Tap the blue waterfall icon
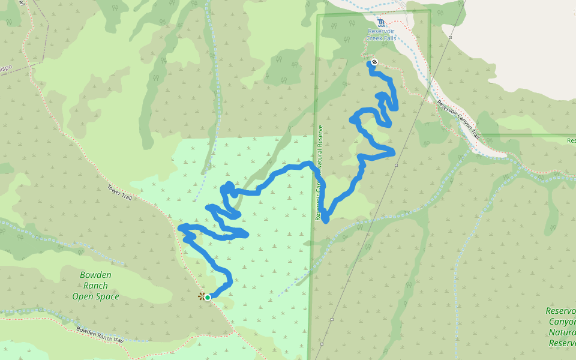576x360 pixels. [381, 22]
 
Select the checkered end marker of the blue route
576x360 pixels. [374, 62]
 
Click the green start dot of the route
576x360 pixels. [208, 297]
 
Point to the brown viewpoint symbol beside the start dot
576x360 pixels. [201, 296]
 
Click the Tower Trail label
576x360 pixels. [120, 192]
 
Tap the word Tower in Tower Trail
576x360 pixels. [115, 189]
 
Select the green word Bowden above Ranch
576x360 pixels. [95, 275]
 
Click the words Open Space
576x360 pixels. [95, 296]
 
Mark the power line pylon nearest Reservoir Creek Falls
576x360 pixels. [450, 37]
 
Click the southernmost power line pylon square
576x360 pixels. [322, 344]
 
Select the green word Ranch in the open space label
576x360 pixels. [95, 286]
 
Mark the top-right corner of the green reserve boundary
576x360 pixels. [430, 11]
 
